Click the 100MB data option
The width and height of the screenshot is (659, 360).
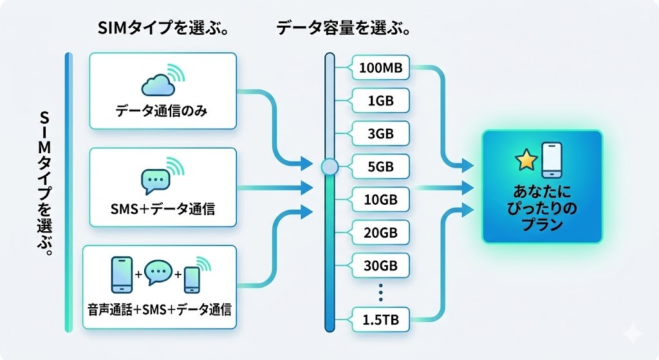click(x=380, y=67)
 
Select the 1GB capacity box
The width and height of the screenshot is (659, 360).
click(x=380, y=100)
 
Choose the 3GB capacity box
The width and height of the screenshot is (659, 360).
click(x=380, y=133)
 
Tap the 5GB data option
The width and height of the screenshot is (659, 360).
click(x=380, y=167)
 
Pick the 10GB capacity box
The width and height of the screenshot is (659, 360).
click(x=380, y=199)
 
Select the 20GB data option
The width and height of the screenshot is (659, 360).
click(x=380, y=232)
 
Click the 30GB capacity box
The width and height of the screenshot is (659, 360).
click(x=380, y=265)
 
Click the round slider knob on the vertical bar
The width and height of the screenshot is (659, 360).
click(x=329, y=167)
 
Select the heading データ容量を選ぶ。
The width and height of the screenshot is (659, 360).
click(x=344, y=28)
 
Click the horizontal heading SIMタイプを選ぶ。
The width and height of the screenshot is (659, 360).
click(x=163, y=28)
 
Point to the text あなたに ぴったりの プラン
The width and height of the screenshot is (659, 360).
click(x=543, y=210)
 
